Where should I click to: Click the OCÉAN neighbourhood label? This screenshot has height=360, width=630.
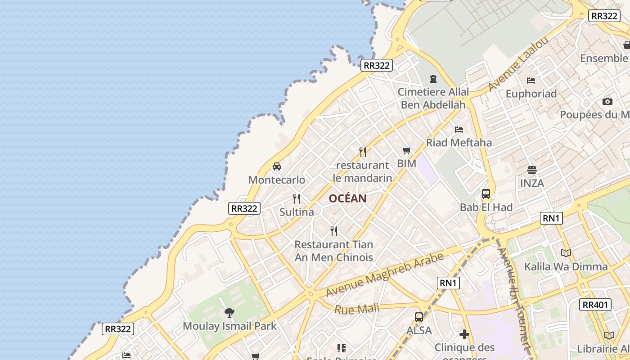(x=347, y=198)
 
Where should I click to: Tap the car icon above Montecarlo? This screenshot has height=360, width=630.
(x=277, y=166)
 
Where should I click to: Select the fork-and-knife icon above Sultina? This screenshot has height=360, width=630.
(x=297, y=198)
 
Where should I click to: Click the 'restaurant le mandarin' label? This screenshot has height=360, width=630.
(x=362, y=171)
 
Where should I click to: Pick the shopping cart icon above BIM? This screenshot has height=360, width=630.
(x=407, y=150)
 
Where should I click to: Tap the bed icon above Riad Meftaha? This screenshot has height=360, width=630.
(x=459, y=130)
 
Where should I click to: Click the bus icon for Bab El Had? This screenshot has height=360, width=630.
(x=486, y=194)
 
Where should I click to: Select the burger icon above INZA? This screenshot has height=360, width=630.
(x=532, y=170)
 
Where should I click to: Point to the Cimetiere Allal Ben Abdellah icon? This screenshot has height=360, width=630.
(x=433, y=79)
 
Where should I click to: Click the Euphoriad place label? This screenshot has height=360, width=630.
(x=531, y=94)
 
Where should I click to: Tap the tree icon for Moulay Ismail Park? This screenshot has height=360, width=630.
(x=229, y=312)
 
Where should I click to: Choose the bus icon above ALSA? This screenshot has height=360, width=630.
(x=419, y=317)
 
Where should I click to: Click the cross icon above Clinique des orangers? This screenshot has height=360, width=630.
(x=464, y=334)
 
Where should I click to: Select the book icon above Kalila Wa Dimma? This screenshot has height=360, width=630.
(x=566, y=253)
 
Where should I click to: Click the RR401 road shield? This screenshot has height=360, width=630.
(x=595, y=305)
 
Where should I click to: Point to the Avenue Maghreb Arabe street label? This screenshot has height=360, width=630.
(x=384, y=274)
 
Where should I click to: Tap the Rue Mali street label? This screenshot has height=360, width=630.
(x=357, y=309)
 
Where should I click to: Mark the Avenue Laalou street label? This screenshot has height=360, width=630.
(x=518, y=63)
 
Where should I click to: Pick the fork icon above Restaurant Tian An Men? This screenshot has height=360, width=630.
(x=334, y=231)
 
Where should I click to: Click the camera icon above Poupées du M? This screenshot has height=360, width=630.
(x=607, y=101)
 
